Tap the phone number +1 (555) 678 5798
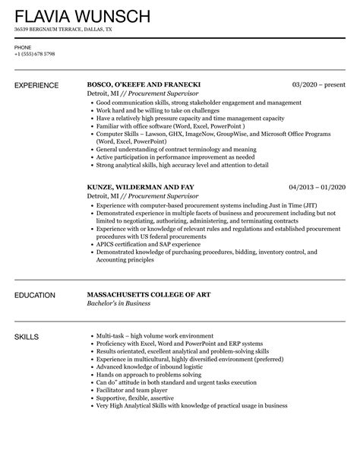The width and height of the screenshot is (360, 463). point(34,54)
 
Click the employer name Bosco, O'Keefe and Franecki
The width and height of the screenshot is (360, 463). point(144,85)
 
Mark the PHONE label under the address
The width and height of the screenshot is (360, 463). point(23,47)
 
